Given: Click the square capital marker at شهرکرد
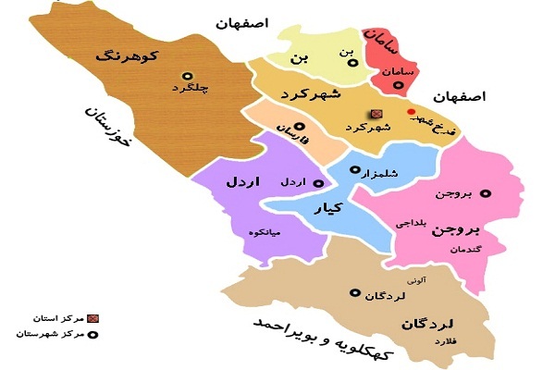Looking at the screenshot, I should pyautogui.click(x=376, y=114).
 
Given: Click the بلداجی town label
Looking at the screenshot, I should pyautogui.click(x=412, y=224).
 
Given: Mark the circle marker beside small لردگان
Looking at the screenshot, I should pyautogui.click(x=352, y=293).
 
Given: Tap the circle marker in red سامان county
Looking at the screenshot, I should pyautogui.click(x=400, y=86).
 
